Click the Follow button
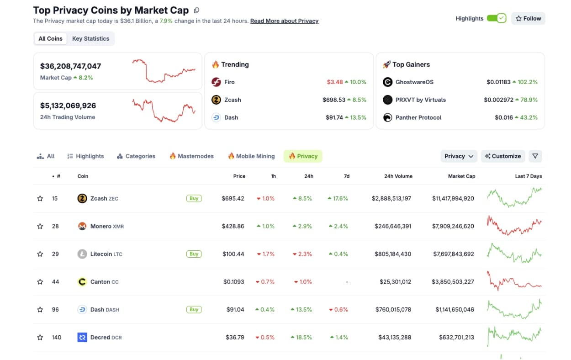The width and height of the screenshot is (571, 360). tap(528, 18)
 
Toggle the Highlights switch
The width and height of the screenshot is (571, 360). tap(496, 18)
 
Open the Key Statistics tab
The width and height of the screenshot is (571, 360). tap(90, 39)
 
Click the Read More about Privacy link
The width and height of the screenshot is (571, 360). tap(284, 21)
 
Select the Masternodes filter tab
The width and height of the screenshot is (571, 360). tap(191, 156)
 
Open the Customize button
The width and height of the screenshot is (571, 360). tap(503, 156)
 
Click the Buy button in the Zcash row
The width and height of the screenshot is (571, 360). tap(194, 199)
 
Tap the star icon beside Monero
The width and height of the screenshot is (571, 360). tap(40, 227)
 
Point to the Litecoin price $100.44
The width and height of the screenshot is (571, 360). tap(233, 254)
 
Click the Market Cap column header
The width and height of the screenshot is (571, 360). tap(461, 176)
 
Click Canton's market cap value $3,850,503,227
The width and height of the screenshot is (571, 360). tap(453, 282)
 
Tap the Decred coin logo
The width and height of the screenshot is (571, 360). tap(82, 338)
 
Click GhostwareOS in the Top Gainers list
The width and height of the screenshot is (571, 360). tap(414, 82)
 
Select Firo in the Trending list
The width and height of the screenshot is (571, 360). tap(229, 82)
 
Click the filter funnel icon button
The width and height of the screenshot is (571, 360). tap(535, 156)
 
